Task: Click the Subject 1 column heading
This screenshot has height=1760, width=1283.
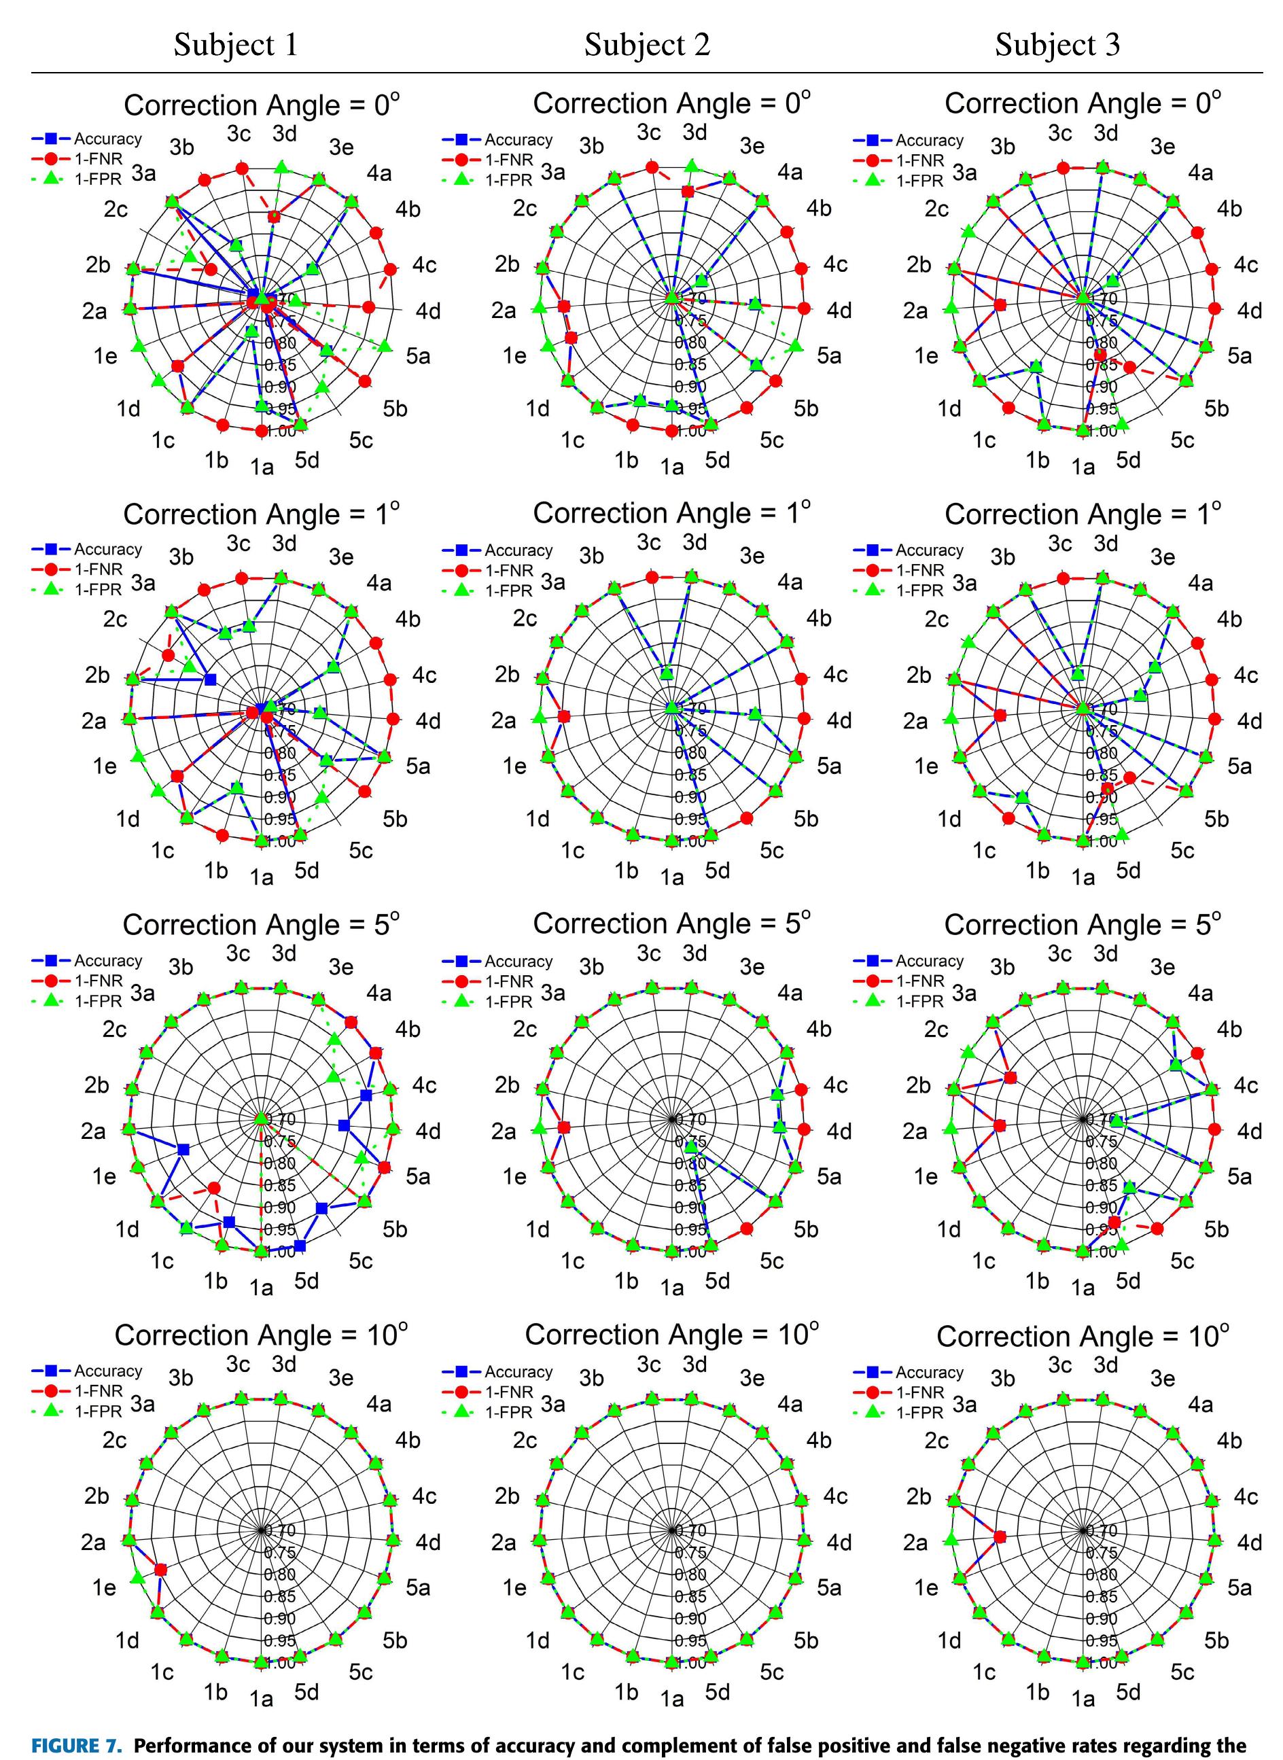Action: click(235, 44)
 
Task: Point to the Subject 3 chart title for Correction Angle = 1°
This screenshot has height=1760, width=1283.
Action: click(1083, 514)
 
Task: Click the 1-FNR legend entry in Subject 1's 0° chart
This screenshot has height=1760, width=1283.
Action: click(98, 159)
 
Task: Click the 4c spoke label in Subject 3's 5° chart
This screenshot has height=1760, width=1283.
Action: click(1246, 1085)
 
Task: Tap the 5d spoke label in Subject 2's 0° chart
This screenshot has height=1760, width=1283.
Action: click(718, 461)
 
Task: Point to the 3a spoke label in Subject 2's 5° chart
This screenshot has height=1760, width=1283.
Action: click(553, 993)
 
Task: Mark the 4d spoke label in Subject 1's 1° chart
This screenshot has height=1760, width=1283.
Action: click(428, 721)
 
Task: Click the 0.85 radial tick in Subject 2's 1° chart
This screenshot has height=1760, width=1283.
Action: click(690, 775)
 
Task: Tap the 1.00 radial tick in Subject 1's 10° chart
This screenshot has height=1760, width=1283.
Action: click(281, 1663)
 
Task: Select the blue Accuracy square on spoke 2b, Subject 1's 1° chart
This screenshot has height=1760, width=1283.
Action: click(210, 680)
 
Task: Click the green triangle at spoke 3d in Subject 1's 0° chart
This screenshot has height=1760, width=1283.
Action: click(281, 166)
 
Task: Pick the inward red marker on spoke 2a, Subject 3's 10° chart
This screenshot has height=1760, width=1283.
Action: click(1000, 1536)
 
